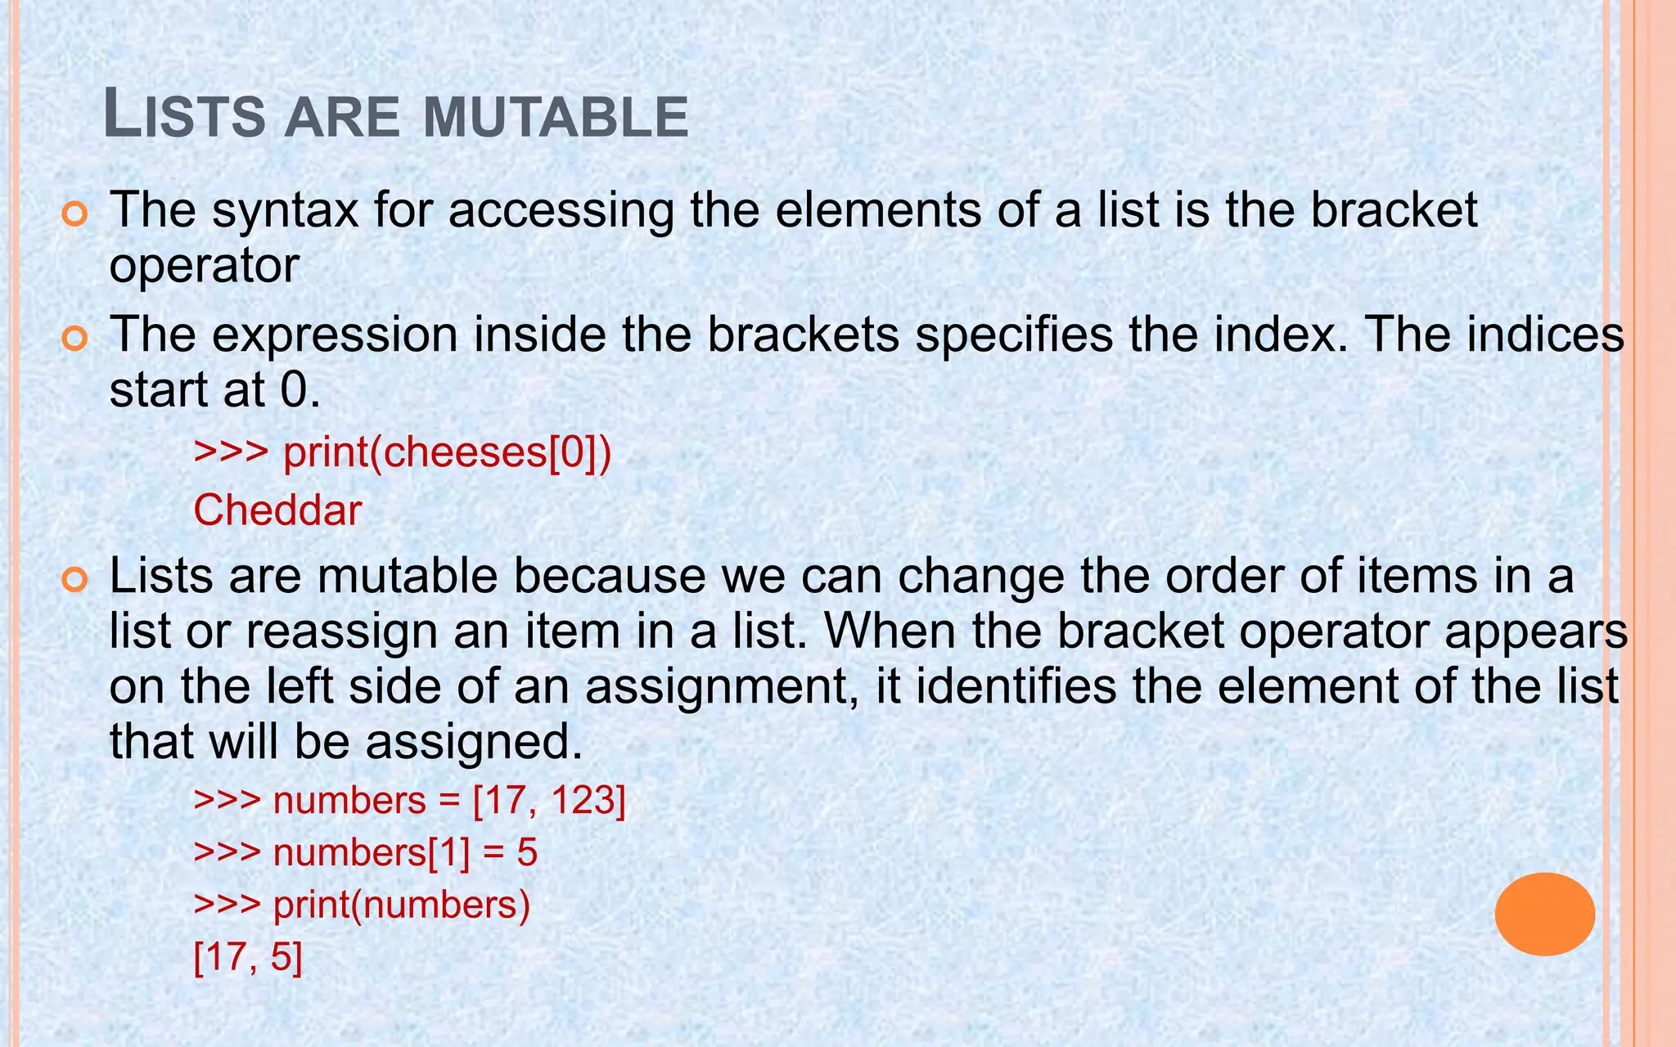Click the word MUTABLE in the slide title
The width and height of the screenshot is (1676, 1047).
point(556,116)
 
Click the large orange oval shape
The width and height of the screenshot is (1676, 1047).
point(1544,914)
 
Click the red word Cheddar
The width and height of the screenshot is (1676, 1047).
point(277,510)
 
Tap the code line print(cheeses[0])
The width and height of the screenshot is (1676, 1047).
point(402,452)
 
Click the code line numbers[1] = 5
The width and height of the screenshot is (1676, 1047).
point(365,852)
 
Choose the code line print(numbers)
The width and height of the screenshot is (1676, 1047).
point(362,905)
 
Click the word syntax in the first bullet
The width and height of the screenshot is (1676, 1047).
point(285,210)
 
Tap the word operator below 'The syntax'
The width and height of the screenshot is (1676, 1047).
point(205,265)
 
